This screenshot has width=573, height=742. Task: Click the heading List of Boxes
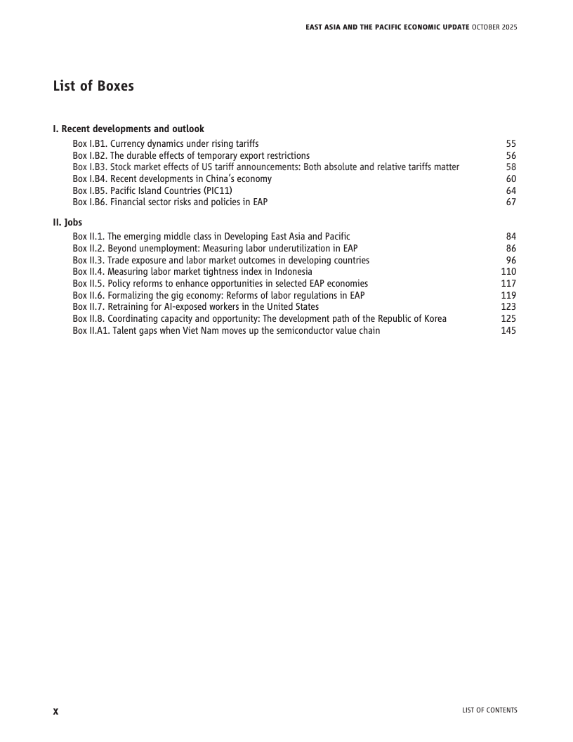pyautogui.click(x=93, y=86)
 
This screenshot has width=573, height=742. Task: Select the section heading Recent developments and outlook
pyautogui.click(x=133, y=129)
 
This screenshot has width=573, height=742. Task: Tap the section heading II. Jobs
pyautogui.click(x=67, y=223)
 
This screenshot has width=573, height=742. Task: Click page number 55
pyautogui.click(x=511, y=144)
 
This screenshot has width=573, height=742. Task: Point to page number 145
pyautogui.click(x=508, y=331)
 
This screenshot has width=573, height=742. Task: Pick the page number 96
pyautogui.click(x=511, y=260)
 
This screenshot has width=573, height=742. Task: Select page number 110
pyautogui.click(x=508, y=272)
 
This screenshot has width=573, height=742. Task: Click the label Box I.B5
pyautogui.click(x=90, y=190)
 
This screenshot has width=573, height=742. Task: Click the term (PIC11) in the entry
pyautogui.click(x=216, y=190)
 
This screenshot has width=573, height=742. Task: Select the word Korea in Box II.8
pyautogui.click(x=433, y=319)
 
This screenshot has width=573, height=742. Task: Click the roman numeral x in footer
pyautogui.click(x=56, y=711)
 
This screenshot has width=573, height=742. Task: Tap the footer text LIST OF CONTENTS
pyautogui.click(x=489, y=710)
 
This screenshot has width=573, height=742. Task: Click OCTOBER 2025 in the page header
pyautogui.click(x=496, y=27)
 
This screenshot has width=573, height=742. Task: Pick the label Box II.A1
pyautogui.click(x=91, y=331)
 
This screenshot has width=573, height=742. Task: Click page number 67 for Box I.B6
pyautogui.click(x=511, y=202)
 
